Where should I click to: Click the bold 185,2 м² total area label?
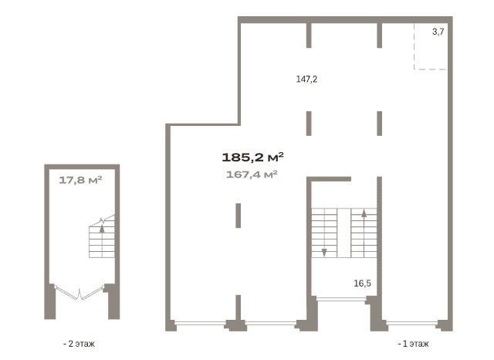coord(252,157)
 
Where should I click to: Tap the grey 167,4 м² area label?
coord(252,175)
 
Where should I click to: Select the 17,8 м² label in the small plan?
coord(80,180)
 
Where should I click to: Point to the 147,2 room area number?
coord(306,79)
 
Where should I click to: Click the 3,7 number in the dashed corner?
coord(438,32)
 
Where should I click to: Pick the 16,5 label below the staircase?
coord(362,284)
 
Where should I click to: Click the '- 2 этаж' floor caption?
coord(79,344)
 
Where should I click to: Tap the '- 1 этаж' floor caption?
coord(414,344)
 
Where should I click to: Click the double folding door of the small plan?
coord(80,293)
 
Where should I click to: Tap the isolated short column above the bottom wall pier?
coord(239,216)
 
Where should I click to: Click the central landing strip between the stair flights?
coord(344,233)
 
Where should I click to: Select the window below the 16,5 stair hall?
coord(341,299)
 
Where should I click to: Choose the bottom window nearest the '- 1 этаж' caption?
coord(412,323)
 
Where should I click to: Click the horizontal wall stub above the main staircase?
coord(329,179)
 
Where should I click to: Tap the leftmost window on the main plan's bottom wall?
coord(200,323)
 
